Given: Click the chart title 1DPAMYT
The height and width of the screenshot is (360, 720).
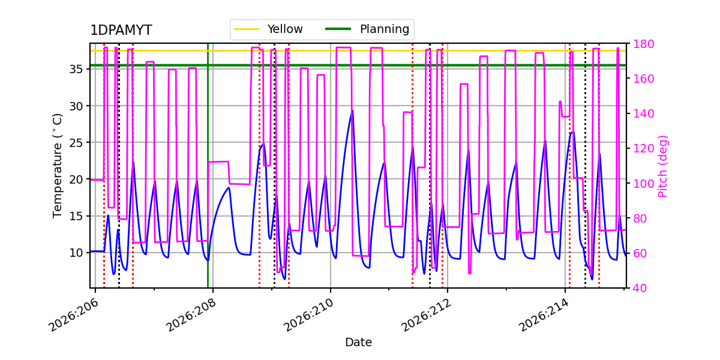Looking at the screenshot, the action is click(x=121, y=30).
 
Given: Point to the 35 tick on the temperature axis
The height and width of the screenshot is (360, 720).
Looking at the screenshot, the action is click(x=76, y=70).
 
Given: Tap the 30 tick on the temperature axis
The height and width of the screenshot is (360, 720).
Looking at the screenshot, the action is click(x=76, y=106).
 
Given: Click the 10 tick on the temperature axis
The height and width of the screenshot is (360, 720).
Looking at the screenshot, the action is click(x=76, y=253).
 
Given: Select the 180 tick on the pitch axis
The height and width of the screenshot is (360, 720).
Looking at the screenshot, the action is click(x=643, y=44).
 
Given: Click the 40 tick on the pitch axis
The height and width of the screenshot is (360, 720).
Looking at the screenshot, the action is click(x=640, y=289).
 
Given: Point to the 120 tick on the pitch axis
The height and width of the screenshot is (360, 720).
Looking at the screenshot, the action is click(x=643, y=149).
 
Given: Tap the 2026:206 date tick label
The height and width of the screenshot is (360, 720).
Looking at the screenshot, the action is click(x=74, y=315).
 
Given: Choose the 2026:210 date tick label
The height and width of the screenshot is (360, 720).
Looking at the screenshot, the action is click(x=309, y=315).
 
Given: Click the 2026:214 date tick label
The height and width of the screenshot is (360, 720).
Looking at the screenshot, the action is click(x=544, y=315).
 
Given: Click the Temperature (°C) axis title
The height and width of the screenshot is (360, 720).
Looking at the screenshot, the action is click(x=57, y=166).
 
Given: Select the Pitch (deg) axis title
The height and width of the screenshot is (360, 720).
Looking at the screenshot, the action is click(x=663, y=166).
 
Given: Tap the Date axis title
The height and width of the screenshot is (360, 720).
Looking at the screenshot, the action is click(x=358, y=343).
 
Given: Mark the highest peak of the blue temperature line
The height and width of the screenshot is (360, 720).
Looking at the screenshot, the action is click(x=353, y=110).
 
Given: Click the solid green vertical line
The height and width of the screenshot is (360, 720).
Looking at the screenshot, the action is click(x=208, y=166).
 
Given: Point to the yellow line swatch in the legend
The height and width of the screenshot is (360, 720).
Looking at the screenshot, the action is click(x=247, y=29).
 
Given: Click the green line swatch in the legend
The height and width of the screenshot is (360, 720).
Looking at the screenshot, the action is click(x=338, y=29).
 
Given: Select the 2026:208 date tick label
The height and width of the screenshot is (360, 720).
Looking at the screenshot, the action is click(x=191, y=315).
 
